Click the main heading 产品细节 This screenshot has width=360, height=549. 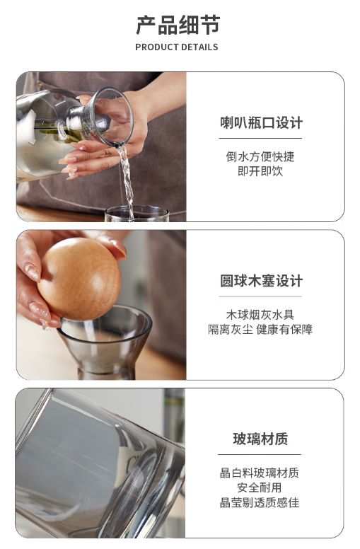coord(178,25)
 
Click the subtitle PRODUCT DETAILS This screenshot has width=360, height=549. coord(177,47)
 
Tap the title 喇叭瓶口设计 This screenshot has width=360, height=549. coord(261,123)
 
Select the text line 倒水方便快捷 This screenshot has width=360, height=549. coord(260,156)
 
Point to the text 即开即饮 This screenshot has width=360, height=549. coord(260,171)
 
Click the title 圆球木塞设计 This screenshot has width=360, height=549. coord(261,281)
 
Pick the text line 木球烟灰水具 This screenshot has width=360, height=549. coord(260,314)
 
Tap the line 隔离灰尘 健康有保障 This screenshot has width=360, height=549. coord(260,329)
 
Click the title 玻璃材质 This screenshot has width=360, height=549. coord(260,439)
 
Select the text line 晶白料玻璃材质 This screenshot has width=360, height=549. coord(260,473)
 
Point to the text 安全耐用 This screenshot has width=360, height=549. coord(260,487)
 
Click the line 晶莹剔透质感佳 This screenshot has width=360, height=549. coord(260,502)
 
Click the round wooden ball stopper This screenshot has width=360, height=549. coord(79,279)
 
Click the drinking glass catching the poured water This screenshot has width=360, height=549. coord(137,213)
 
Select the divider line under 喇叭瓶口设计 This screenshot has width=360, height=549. coord(260,138)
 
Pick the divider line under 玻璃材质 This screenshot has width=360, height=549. coord(260,454)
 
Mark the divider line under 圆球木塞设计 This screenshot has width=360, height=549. coord(260,296)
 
